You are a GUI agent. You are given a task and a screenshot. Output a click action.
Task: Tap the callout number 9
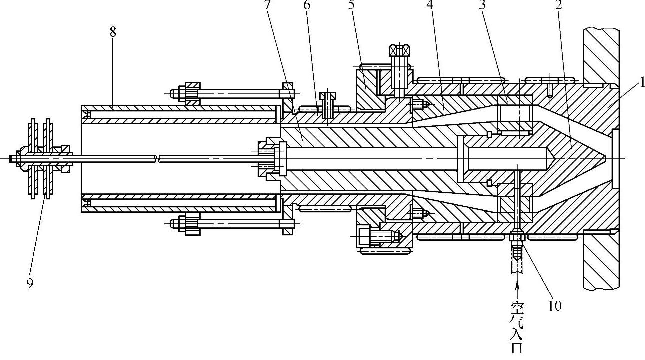click(x=30, y=283)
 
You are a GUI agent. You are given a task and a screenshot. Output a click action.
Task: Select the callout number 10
click(x=555, y=306)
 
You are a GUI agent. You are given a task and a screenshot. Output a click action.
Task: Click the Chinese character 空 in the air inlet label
click(x=517, y=306)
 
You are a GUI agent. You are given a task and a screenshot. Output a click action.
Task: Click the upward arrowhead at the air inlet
click(x=517, y=285)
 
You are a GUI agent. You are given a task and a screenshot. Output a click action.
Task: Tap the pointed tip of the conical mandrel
click(x=606, y=158)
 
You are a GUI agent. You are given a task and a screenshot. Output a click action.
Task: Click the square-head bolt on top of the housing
click(x=399, y=51)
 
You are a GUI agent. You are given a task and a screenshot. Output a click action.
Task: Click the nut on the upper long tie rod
click(x=193, y=93)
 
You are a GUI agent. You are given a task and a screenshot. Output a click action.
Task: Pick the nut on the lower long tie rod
click(x=193, y=223)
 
